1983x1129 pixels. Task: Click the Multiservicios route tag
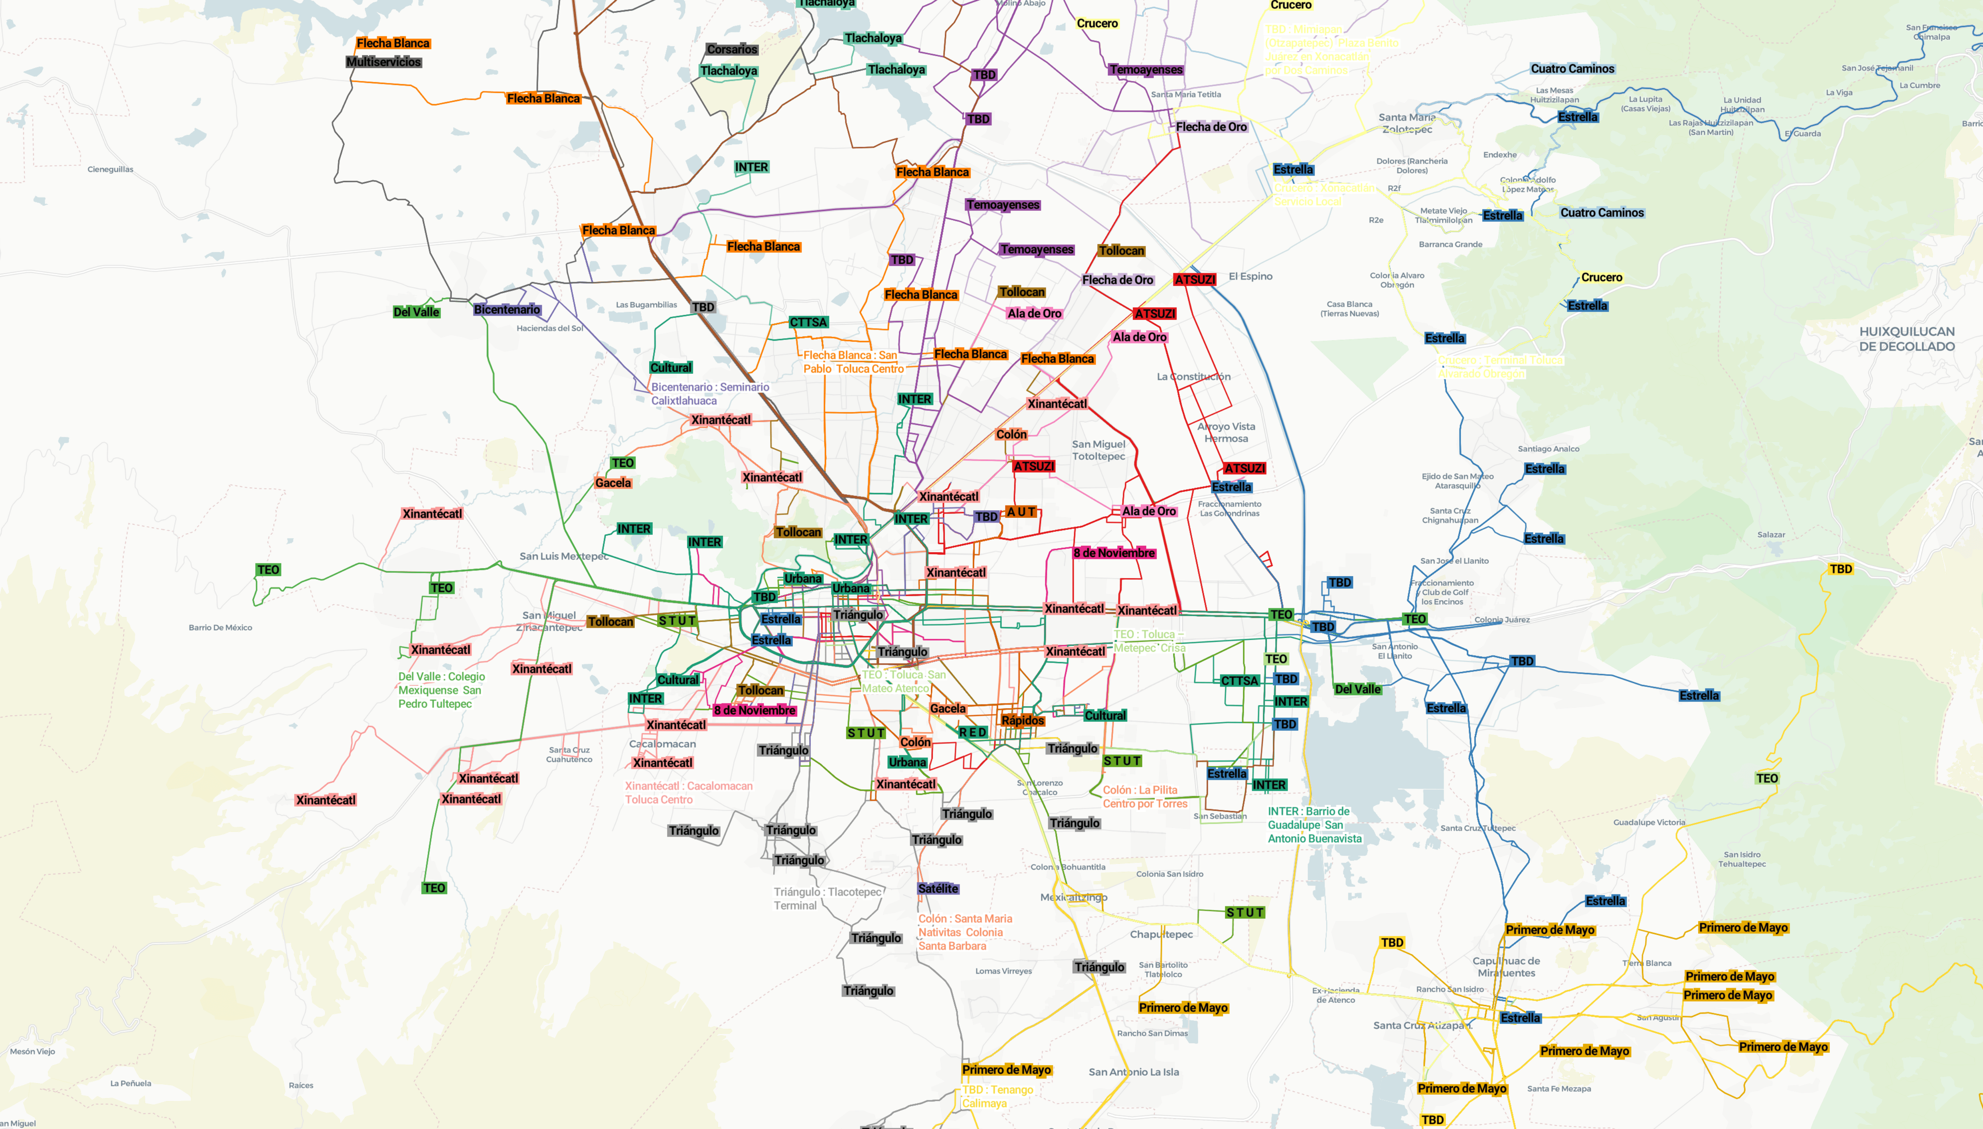[384, 62]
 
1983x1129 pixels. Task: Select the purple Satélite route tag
[938, 888]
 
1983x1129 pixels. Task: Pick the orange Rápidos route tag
[1022, 720]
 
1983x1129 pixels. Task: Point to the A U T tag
[1021, 512]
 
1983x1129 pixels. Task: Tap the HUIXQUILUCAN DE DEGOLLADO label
[1906, 339]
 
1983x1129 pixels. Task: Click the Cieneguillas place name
[110, 169]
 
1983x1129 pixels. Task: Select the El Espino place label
[1250, 276]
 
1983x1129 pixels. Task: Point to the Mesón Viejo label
[33, 1052]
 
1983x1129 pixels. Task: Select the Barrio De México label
[220, 627]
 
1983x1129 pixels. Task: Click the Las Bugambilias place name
[646, 305]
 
